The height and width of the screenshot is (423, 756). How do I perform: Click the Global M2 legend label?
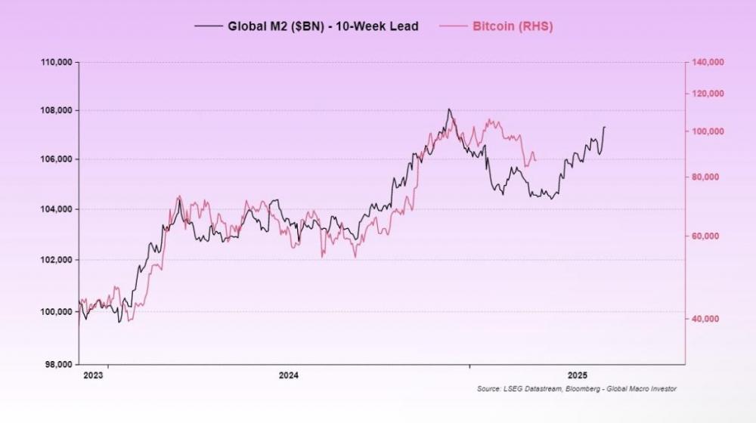tap(323, 26)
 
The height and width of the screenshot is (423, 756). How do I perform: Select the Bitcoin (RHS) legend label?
tap(513, 26)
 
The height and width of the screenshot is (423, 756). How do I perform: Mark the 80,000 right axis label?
tap(706, 178)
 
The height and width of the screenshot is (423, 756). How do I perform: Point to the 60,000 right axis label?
tap(706, 236)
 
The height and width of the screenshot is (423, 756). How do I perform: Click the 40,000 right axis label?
tap(706, 319)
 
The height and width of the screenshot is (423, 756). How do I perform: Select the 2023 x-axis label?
tap(93, 375)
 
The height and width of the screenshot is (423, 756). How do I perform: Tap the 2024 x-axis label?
tap(289, 375)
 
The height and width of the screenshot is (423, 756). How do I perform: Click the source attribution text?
tap(577, 389)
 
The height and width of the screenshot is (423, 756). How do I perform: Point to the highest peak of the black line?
tap(449, 109)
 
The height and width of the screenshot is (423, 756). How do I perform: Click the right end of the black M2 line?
tap(605, 127)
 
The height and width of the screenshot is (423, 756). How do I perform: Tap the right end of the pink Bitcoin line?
tap(536, 160)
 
